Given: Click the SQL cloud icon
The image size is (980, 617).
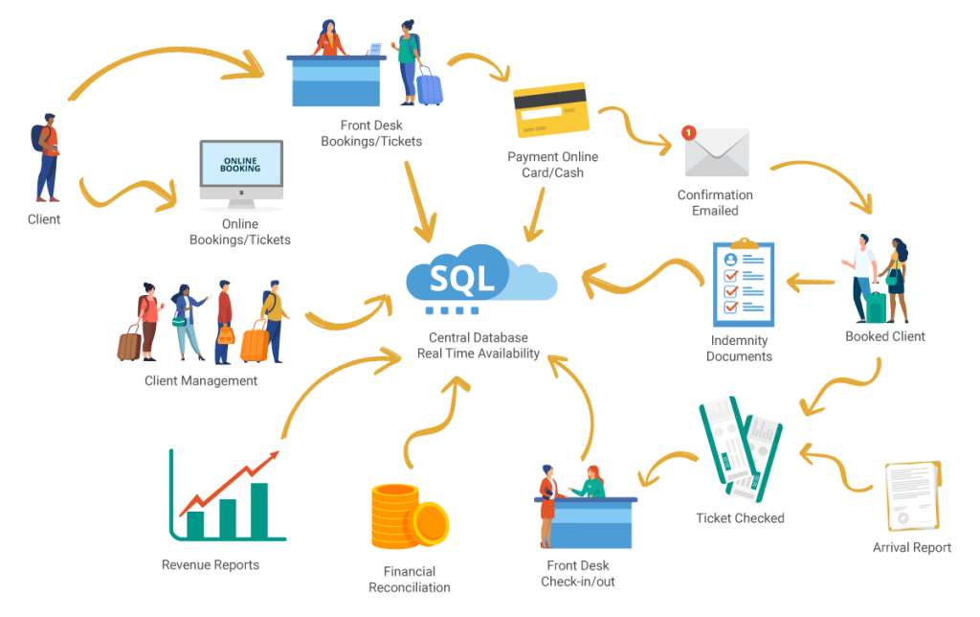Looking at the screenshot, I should coord(479,279).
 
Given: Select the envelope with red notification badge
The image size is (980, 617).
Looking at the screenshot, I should coord(716,152).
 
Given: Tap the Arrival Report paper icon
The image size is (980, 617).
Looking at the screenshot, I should coord(910,496).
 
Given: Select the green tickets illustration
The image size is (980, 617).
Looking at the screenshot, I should coord(741,448).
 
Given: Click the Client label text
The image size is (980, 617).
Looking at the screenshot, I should coord(44,219).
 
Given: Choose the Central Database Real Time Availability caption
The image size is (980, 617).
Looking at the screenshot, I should coord(479,345).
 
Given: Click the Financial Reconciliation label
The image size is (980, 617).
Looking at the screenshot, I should coord(409,580).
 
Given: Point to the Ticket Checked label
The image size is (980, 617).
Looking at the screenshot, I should coord(740,518).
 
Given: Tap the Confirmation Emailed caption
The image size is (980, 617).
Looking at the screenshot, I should coord(715,202).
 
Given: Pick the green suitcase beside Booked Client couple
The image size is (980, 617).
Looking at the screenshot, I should coord(876,305).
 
